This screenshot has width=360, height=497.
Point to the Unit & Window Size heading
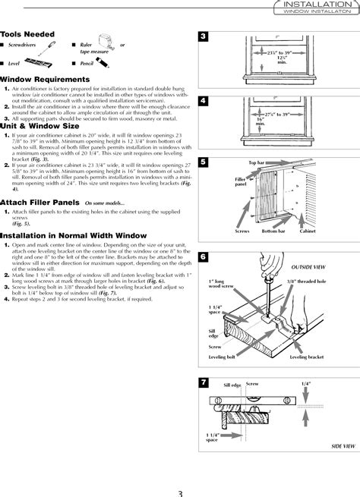pos(36,125)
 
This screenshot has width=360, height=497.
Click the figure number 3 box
pos(204,38)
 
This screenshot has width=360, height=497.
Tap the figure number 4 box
pos(204,101)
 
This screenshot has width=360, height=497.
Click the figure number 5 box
pos(204,162)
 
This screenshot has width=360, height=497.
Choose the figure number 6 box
pos(204,256)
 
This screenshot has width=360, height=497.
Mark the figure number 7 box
pos(204,379)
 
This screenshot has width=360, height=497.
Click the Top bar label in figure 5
pos(257,164)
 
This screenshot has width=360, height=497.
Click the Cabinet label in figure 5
pos(307,231)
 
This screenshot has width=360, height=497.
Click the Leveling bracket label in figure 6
pos(307,356)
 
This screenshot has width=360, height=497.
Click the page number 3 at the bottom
pos(179,491)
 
